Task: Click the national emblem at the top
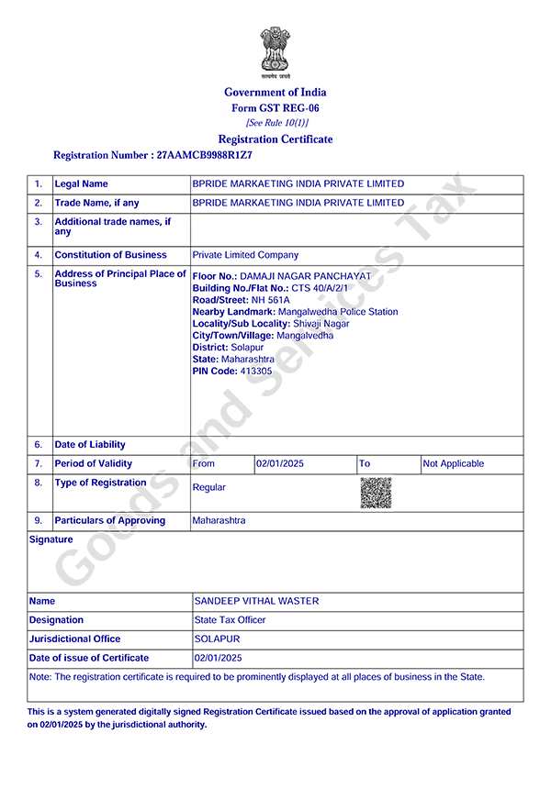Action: tap(275, 51)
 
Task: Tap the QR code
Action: tap(376, 494)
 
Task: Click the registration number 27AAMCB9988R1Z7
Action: tap(205, 156)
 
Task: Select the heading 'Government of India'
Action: tap(275, 92)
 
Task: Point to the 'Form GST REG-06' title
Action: tap(275, 108)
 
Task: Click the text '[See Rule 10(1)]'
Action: tap(276, 123)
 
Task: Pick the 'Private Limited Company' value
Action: tap(245, 255)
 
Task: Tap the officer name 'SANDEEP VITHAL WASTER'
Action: tap(256, 601)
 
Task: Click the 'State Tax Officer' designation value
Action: tap(230, 620)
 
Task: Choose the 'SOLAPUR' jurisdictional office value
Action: tap(217, 639)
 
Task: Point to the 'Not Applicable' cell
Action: tap(453, 464)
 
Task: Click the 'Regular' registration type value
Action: tap(208, 488)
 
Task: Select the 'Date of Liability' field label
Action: tap(90, 445)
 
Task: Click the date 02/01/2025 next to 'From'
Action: tap(280, 464)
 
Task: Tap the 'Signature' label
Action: tap(51, 539)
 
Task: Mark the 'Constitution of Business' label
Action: tap(110, 255)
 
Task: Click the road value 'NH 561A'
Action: tap(271, 300)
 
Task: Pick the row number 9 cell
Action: tap(39, 521)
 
